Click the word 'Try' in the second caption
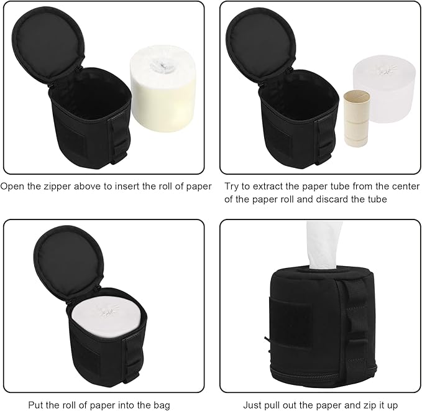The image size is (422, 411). pyautogui.click(x=234, y=186)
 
